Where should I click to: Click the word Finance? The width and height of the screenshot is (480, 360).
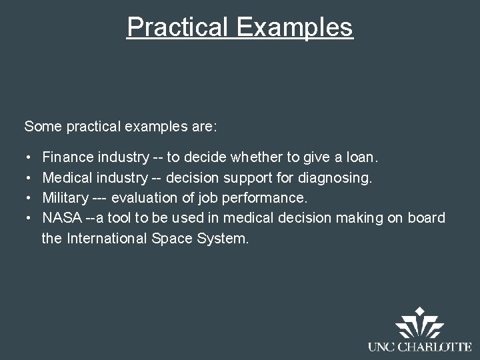click(68, 158)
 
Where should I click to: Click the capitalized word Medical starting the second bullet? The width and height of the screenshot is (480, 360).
click(67, 178)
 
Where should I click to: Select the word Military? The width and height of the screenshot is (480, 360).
click(65, 198)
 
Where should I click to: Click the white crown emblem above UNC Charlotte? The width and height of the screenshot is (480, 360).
click(419, 323)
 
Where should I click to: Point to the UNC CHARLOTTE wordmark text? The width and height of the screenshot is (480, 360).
click(419, 347)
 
